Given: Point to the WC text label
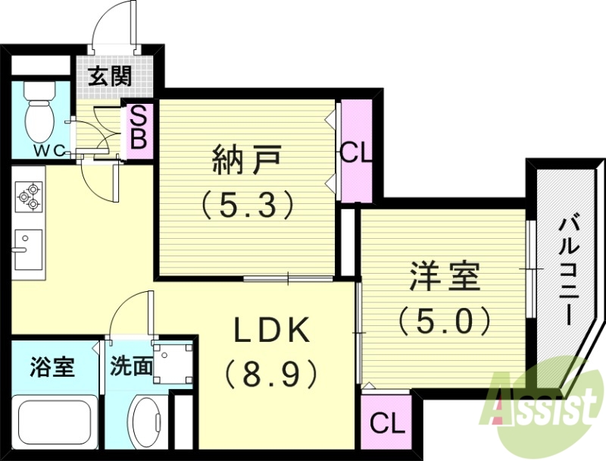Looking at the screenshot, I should click(52, 150).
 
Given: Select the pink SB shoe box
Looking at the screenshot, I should click(141, 128).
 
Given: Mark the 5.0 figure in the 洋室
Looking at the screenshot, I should click(445, 320).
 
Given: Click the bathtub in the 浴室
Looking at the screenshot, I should click(55, 425).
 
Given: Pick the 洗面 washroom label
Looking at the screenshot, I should click(131, 368).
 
